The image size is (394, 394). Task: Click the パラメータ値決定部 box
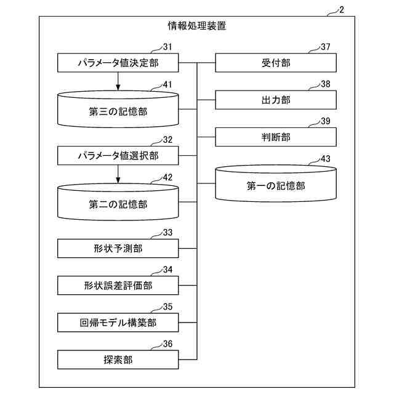118,63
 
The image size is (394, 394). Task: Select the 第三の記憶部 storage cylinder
118,112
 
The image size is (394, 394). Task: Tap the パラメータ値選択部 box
118,156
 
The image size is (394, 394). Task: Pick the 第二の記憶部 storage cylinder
118,204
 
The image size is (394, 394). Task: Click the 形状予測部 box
118,249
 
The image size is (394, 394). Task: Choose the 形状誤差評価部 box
118,285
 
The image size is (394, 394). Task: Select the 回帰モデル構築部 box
118,322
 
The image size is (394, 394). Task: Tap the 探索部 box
118,359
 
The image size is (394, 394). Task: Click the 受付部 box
276,63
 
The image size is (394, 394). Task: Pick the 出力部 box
276,100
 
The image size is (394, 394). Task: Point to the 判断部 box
276,137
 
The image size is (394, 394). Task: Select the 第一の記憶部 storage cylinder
276,185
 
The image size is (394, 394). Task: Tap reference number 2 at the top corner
342,10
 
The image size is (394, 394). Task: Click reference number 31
167,46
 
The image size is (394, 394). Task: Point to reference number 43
326,158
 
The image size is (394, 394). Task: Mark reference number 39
326,120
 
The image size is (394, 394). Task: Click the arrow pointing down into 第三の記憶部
118,81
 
